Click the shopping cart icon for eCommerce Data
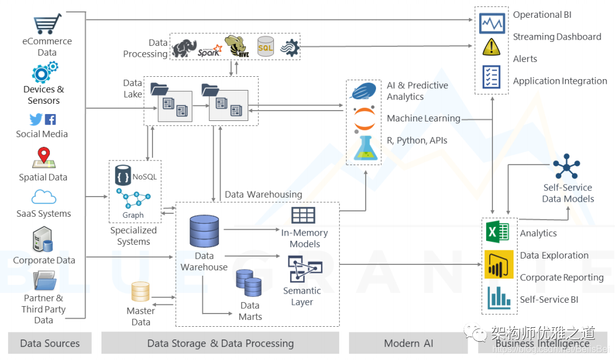tap(48, 24)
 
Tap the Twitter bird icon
tap(36, 119)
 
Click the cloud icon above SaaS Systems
tap(44, 197)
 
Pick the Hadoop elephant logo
tap(184, 49)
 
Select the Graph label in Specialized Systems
tap(133, 215)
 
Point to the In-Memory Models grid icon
tap(303, 216)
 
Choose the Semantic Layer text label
tap(302, 296)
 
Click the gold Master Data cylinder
tap(140, 292)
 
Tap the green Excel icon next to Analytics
tap(498, 233)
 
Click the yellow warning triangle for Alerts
tap(492, 47)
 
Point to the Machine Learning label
tap(424, 119)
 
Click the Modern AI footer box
tap(409, 343)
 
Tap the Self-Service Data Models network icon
tap(567, 167)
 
